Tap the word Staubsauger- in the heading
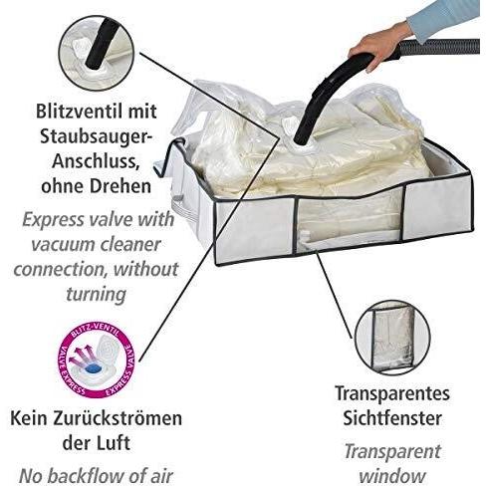tap(94, 137)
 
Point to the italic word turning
tap(97, 294)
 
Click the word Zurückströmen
tap(122, 418)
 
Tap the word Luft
tap(112, 443)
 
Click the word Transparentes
tap(392, 394)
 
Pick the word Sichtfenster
tap(392, 418)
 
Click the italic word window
tap(392, 476)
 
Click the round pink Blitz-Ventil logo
tap(97, 361)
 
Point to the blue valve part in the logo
tap(93, 368)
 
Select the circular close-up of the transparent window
tap(391, 338)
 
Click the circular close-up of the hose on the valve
tap(96, 54)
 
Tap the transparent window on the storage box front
tap(350, 222)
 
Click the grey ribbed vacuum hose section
tap(439, 47)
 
